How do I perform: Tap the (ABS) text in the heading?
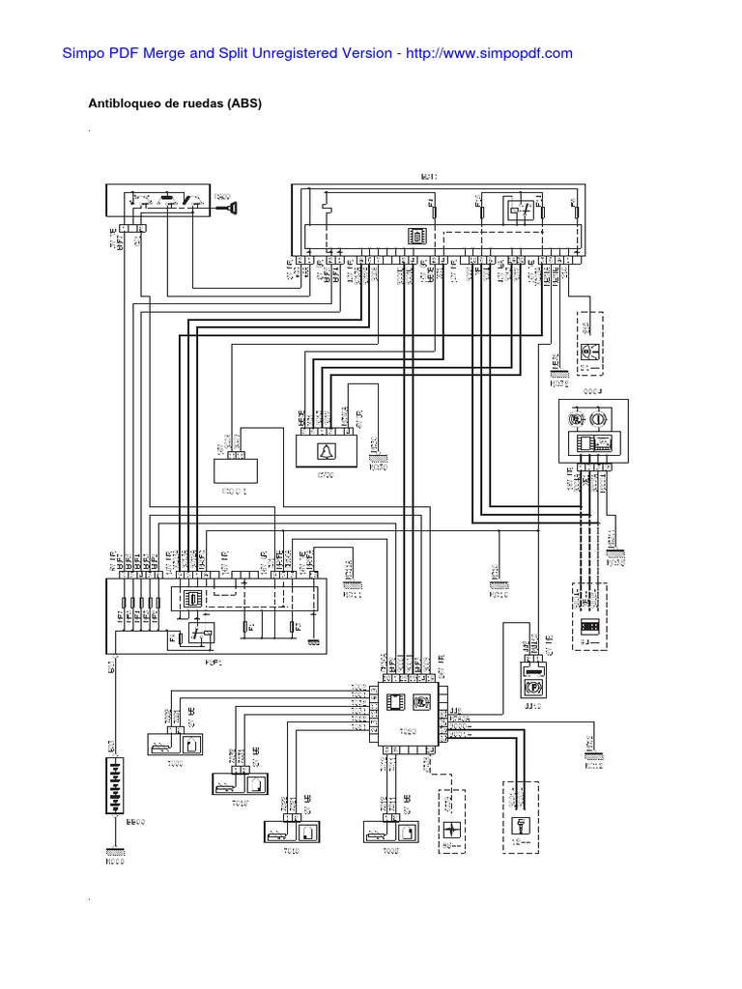click(x=244, y=103)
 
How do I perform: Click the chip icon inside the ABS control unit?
click(x=396, y=702)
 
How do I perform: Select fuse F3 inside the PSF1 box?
click(x=298, y=628)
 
